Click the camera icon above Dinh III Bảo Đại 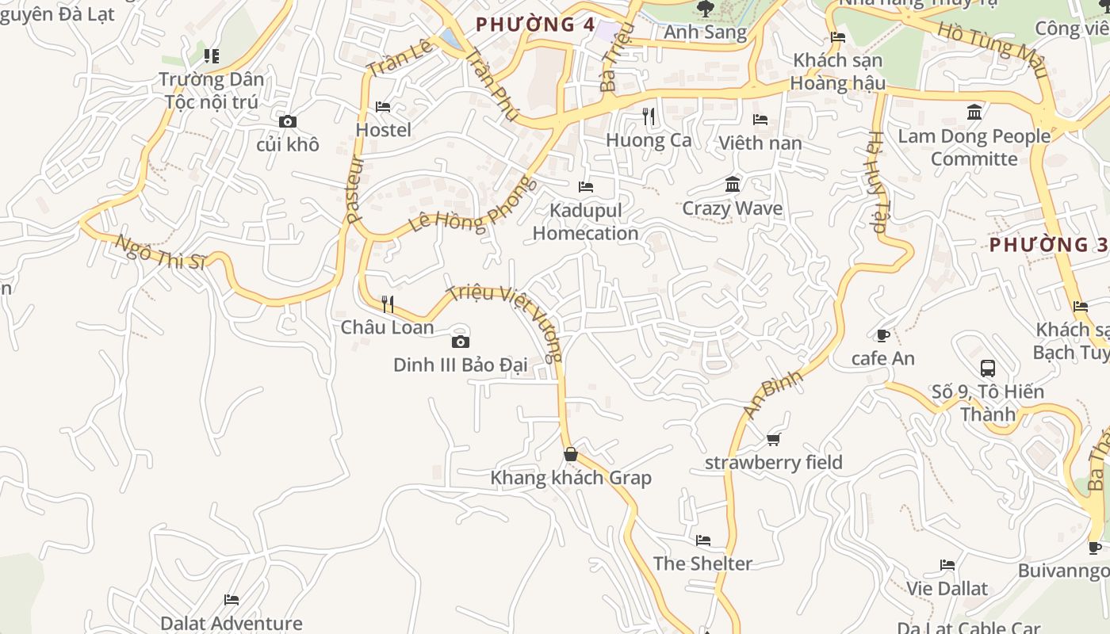pyautogui.click(x=460, y=342)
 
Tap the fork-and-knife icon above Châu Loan pyautogui.click(x=388, y=304)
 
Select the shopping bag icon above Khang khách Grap pyautogui.click(x=571, y=454)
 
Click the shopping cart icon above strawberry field pyautogui.click(x=774, y=439)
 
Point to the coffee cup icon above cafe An pyautogui.click(x=882, y=335)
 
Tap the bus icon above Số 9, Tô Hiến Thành pyautogui.click(x=988, y=369)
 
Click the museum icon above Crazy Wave pyautogui.click(x=733, y=185)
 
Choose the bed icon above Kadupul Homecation pyautogui.click(x=586, y=187)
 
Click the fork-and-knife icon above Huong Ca pyautogui.click(x=649, y=116)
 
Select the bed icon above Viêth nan pyautogui.click(x=760, y=120)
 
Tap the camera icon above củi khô pyautogui.click(x=288, y=121)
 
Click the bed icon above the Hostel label pyautogui.click(x=383, y=106)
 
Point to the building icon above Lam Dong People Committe pyautogui.click(x=974, y=113)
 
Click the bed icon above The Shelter pyautogui.click(x=703, y=540)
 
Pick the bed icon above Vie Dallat pyautogui.click(x=947, y=565)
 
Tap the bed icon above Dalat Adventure pyautogui.click(x=232, y=600)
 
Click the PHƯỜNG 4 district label pyautogui.click(x=535, y=25)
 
